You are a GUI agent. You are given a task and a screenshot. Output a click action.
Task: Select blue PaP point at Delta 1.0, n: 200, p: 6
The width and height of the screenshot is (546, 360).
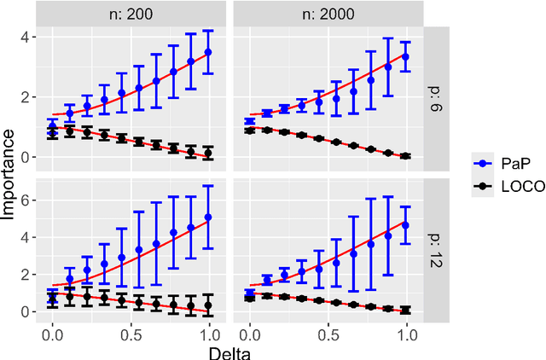coord(208,52)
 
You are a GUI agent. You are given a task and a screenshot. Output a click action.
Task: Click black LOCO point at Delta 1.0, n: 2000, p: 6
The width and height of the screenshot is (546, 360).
coord(406,156)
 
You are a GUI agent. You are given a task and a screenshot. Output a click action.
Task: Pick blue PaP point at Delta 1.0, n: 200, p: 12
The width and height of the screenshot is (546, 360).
coord(208,218)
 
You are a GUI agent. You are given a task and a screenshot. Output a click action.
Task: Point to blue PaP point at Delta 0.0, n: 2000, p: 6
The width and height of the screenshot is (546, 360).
coord(249,122)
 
